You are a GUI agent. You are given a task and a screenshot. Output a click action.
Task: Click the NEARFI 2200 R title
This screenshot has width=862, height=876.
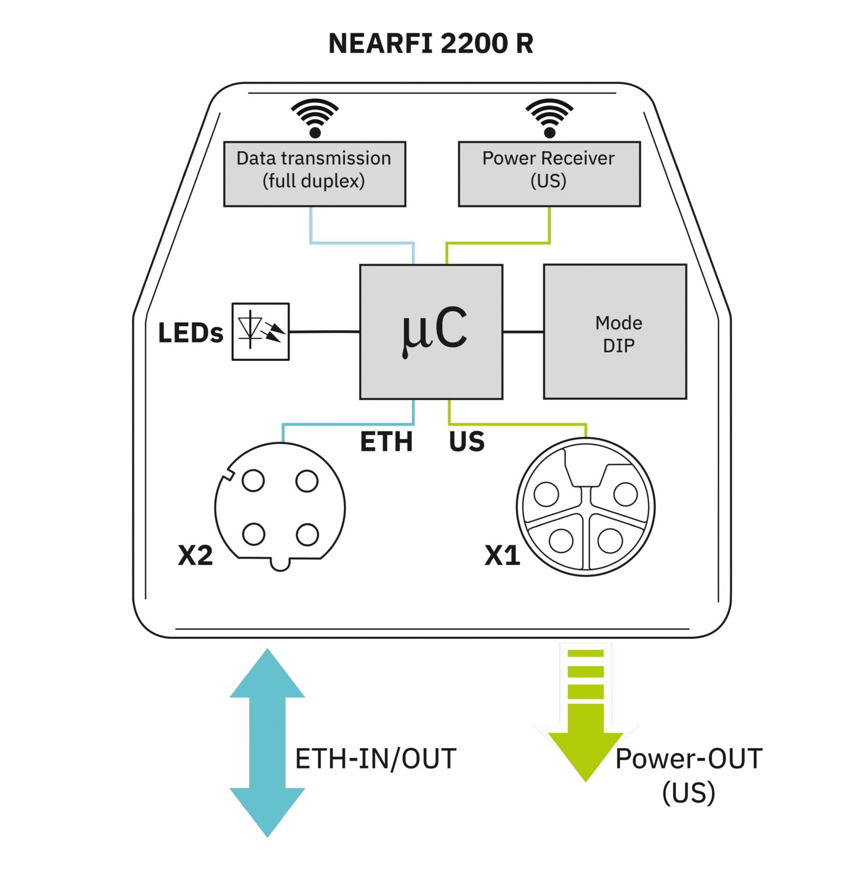pyautogui.click(x=431, y=44)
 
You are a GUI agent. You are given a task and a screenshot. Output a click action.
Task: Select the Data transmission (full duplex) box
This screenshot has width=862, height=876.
pyautogui.click(x=315, y=173)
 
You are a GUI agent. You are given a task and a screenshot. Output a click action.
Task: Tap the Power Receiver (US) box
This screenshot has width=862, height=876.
pyautogui.click(x=549, y=173)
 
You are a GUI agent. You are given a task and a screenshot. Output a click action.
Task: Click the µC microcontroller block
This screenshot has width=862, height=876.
pyautogui.click(x=431, y=332)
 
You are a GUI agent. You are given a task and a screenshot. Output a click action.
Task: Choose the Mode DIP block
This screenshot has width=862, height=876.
pyautogui.click(x=615, y=332)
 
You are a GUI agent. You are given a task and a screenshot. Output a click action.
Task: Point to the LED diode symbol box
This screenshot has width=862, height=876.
pyautogui.click(x=260, y=332)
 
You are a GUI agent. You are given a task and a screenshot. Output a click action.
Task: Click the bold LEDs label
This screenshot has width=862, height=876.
pyautogui.click(x=190, y=333)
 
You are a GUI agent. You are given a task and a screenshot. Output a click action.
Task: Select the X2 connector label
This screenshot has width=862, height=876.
pyautogui.click(x=196, y=555)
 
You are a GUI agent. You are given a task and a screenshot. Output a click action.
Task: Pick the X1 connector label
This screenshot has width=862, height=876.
pyautogui.click(x=502, y=555)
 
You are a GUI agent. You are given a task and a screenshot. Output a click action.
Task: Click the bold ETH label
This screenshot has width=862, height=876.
pyautogui.click(x=386, y=442)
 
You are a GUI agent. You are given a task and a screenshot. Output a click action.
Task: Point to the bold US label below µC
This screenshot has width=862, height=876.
pyautogui.click(x=467, y=442)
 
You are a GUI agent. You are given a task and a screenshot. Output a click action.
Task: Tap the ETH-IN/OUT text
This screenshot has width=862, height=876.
pyautogui.click(x=376, y=759)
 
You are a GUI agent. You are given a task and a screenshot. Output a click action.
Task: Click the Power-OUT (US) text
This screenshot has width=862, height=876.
pyautogui.click(x=689, y=775)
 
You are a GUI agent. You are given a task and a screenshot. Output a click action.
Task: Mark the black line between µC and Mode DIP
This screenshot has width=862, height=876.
pyautogui.click(x=523, y=332)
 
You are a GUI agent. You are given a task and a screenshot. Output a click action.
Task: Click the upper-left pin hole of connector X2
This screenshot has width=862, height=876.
pyautogui.click(x=253, y=481)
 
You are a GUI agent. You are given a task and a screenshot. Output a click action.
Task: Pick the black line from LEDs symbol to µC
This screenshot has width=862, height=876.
pyautogui.click(x=324, y=332)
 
